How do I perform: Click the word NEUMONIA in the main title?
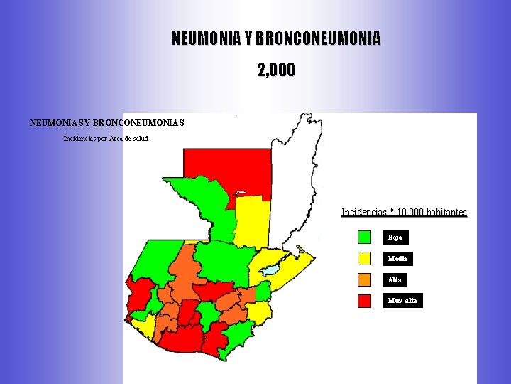coord(207,38)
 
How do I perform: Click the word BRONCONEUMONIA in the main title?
coord(317,38)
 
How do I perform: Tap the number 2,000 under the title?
coord(276,70)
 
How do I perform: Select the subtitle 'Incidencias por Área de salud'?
coord(106,138)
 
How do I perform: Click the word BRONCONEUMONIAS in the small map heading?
coord(138,123)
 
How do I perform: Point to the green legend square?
coord(364,237)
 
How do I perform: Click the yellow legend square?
coord(364,258)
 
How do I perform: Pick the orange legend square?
coord(364,279)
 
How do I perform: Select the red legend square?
coord(364,301)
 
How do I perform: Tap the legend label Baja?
coord(395,238)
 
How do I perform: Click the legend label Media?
coord(397,259)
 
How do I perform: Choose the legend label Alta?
coord(395,280)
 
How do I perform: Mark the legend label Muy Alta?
coord(402,301)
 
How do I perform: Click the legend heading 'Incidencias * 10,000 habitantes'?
coord(404,212)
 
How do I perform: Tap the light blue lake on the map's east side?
coord(270,270)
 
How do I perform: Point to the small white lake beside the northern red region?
coord(240,192)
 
